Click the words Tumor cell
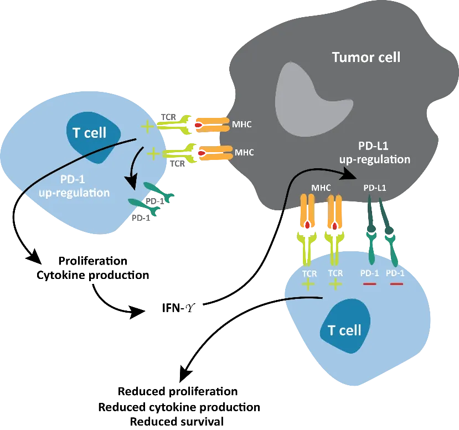coord(365,57)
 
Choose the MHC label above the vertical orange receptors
coord(321,188)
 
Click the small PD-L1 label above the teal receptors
coord(375,188)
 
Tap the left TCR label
coord(308,273)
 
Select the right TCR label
coord(336,273)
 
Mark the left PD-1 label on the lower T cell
coord(369,273)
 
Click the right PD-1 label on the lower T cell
coord(395,273)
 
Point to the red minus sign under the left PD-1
coord(369,284)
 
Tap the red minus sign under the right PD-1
coord(396,284)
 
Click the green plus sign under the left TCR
coord(308,284)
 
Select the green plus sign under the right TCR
coord(336,284)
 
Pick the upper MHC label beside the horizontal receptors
coord(243,125)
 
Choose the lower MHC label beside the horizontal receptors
coord(244,152)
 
